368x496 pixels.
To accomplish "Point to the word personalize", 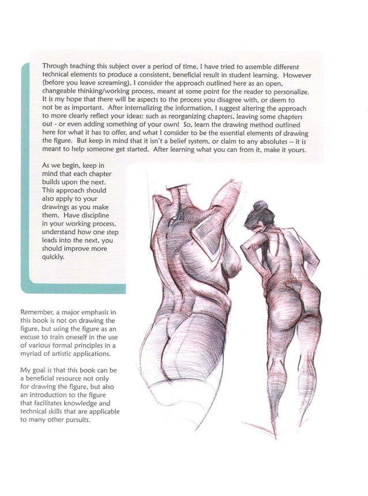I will click(x=291, y=92).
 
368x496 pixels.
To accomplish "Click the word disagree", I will click(x=239, y=100).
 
